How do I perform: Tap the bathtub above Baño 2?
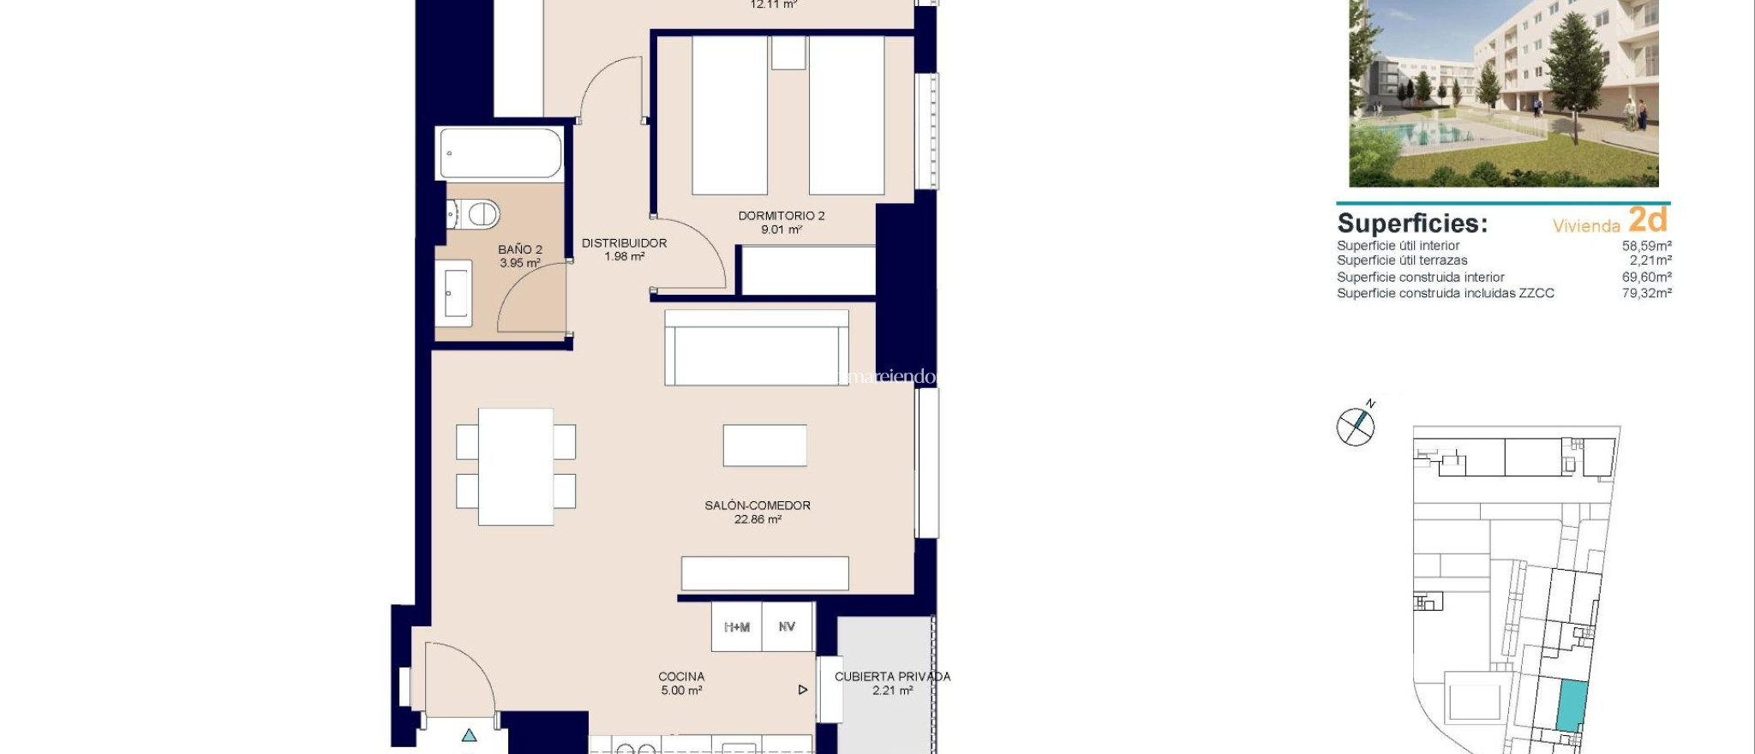(501, 154)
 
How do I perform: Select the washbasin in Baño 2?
(454, 293)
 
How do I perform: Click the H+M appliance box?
(737, 627)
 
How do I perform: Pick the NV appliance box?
(787, 627)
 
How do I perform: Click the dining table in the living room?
(516, 467)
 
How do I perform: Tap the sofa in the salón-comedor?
(757, 347)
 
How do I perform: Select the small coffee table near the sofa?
(764, 446)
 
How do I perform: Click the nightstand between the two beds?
(788, 53)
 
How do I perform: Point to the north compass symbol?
(1356, 426)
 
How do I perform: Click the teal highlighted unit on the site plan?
(1571, 705)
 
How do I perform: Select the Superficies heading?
(1411, 224)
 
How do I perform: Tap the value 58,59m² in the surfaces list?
(1646, 246)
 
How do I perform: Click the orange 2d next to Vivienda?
(1647, 220)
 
